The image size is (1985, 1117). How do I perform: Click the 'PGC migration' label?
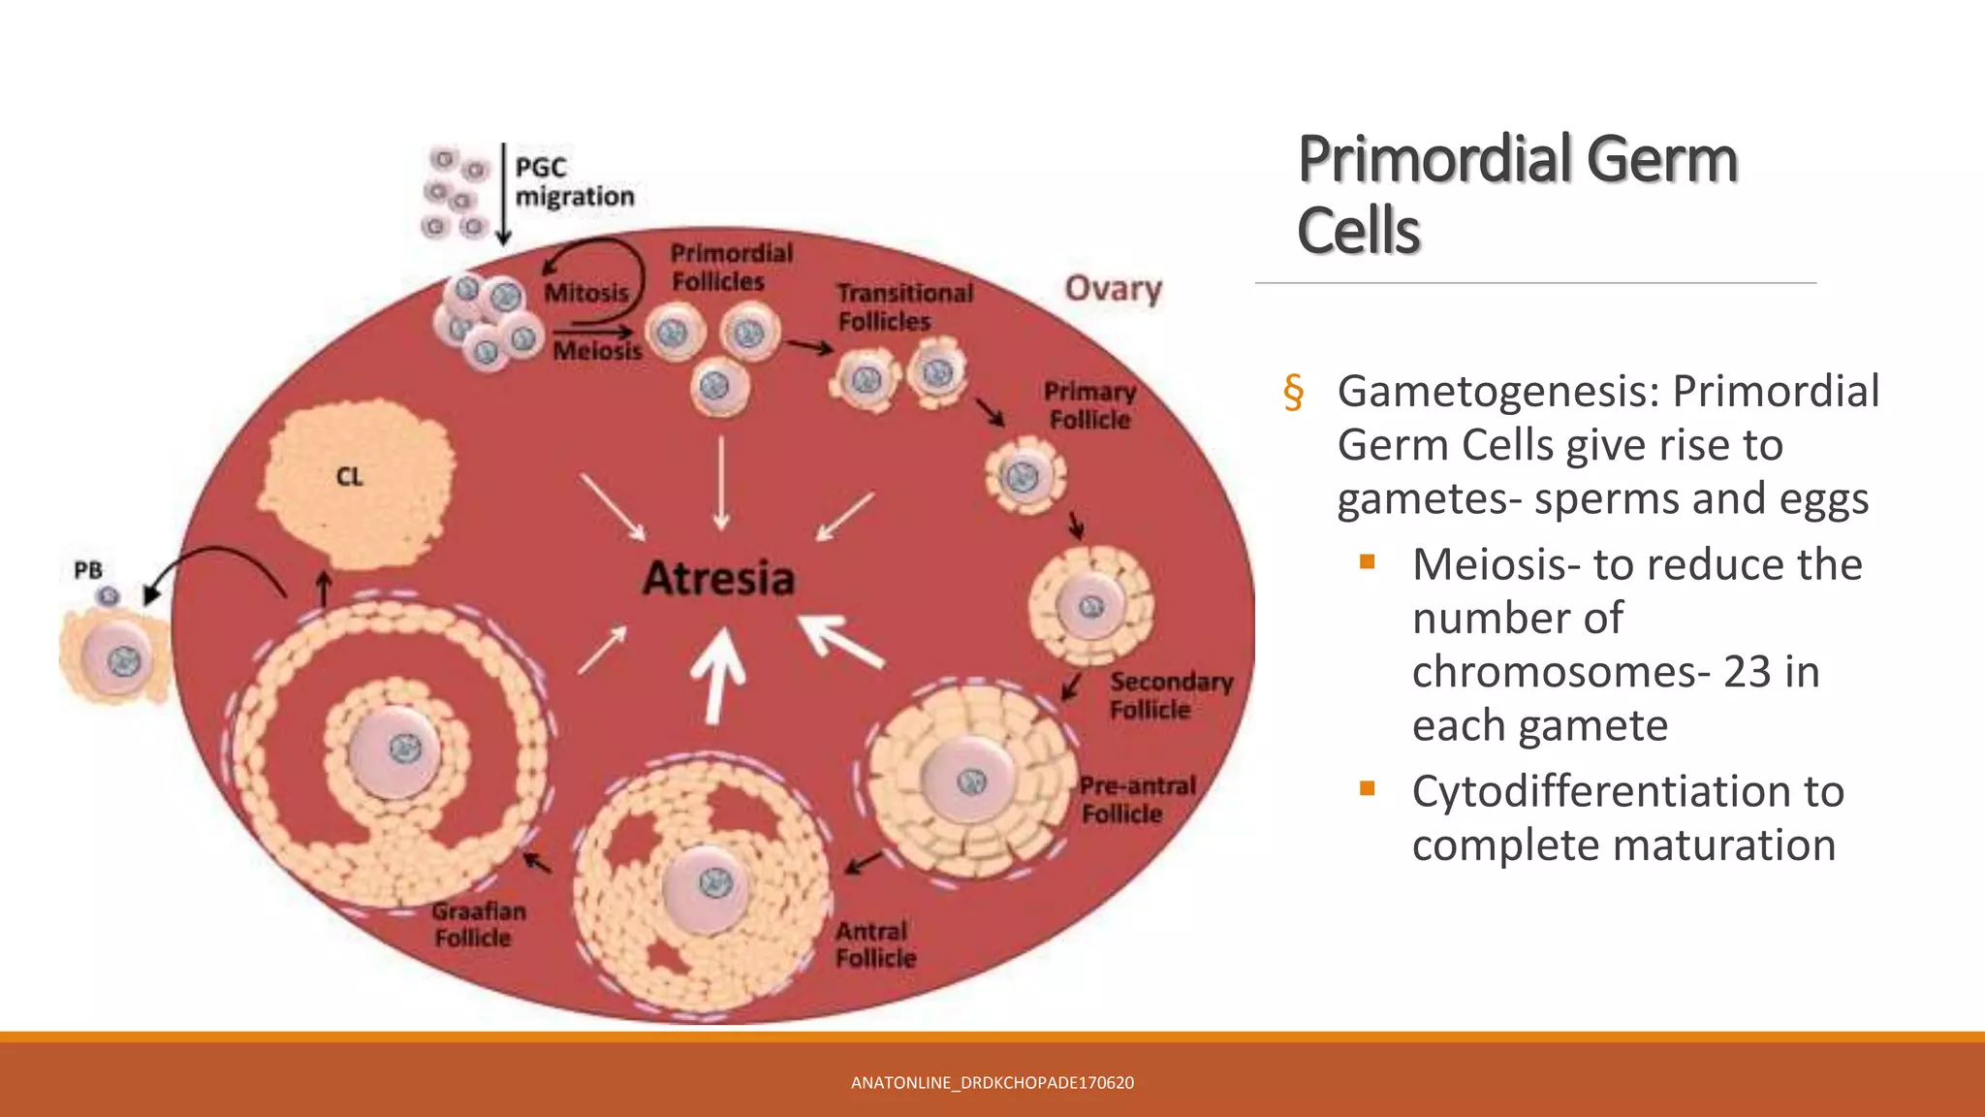(574, 182)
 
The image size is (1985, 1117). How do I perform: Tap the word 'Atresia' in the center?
(718, 579)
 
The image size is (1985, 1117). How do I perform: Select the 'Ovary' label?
(1113, 289)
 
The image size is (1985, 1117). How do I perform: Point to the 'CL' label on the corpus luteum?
(349, 477)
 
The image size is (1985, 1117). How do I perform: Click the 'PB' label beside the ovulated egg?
(88, 570)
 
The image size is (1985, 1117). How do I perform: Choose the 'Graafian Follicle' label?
(478, 924)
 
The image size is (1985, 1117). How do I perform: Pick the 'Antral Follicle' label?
(874, 944)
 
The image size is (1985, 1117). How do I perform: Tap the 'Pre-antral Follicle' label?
(1136, 800)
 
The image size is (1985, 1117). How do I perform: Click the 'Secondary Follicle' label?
(1170, 695)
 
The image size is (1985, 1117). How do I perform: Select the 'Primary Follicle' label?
(1089, 405)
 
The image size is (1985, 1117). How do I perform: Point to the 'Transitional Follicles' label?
(903, 306)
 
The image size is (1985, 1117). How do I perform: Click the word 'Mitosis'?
(586, 293)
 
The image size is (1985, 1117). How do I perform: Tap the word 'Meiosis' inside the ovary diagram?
(597, 351)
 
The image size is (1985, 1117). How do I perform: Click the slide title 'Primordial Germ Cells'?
(1517, 194)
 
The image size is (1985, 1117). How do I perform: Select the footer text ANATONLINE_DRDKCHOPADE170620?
(992, 1083)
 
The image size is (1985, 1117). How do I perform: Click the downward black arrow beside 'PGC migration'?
(503, 194)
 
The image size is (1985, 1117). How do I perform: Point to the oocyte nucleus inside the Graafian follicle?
(405, 748)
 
